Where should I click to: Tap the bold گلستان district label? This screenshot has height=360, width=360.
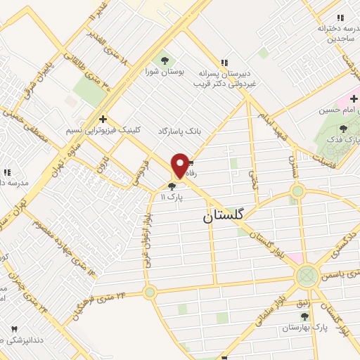tap(223, 216)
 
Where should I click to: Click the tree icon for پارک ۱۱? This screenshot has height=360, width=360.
tap(172, 186)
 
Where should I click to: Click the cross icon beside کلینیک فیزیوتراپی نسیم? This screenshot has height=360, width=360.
tap(103, 119)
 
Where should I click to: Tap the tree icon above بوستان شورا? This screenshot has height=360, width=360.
tap(165, 60)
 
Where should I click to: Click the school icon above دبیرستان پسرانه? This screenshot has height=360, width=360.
tap(224, 61)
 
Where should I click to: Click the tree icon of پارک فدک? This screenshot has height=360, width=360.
tap(342, 129)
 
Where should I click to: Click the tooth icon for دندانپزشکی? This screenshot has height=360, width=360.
tap(13, 328)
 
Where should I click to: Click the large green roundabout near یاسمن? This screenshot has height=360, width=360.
tap(307, 275)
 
